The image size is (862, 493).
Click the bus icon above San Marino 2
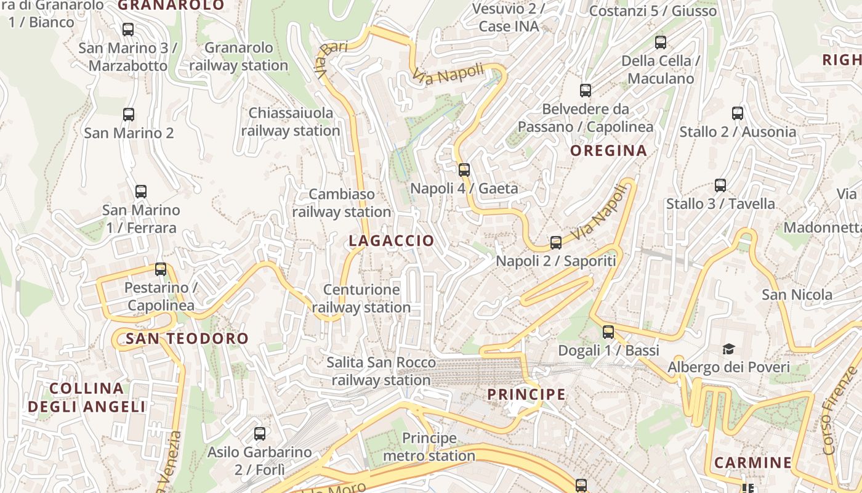128,114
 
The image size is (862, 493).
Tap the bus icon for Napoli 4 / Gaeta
464,169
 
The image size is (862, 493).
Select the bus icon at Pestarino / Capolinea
161,269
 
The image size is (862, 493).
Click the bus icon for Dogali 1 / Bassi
608,332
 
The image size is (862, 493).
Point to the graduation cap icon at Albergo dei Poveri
728,349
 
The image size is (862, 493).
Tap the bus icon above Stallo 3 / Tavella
720,185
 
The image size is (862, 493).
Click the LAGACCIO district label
391,241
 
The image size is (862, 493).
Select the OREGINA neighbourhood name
608,150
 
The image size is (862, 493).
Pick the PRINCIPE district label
526,394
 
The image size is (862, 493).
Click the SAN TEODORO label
187,338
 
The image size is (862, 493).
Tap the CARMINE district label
752,463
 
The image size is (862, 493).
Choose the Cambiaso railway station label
342,203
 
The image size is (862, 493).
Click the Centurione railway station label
361,298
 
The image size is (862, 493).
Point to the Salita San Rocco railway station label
381,371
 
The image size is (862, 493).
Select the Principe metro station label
429,447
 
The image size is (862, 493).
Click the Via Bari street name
331,60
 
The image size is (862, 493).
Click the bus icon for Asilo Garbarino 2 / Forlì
259,433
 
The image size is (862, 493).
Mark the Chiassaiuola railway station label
291,121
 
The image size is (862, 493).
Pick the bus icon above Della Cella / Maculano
660,43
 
